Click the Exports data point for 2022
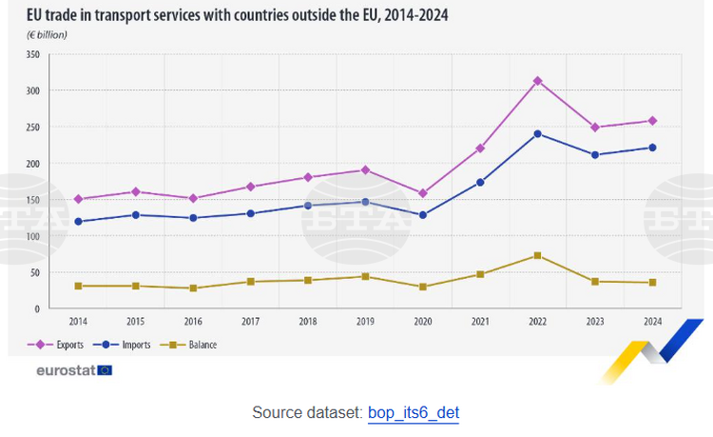[x=537, y=81]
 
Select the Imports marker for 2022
[x=537, y=133]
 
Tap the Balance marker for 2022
[x=537, y=255]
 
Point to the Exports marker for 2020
[x=422, y=193]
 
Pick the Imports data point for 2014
[x=78, y=222]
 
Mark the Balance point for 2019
[x=365, y=276]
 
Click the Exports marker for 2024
[x=652, y=121]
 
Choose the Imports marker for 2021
[x=480, y=182]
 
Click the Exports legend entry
[x=61, y=344]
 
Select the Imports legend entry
[x=127, y=344]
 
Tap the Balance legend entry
[x=194, y=344]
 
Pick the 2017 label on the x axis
[x=250, y=322]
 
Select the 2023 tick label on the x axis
[x=595, y=322]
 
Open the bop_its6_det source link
[x=413, y=413]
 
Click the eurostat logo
[x=72, y=369]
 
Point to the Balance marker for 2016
[x=193, y=288]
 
